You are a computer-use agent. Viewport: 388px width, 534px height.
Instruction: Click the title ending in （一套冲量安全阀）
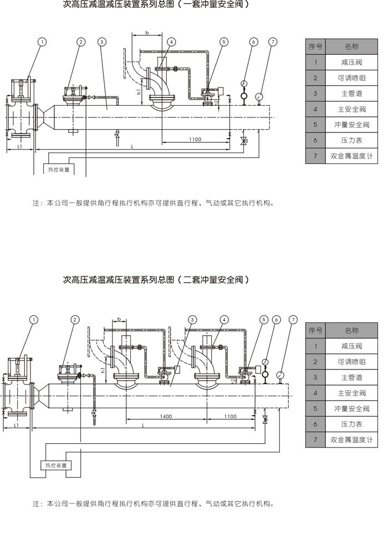[x=155, y=4]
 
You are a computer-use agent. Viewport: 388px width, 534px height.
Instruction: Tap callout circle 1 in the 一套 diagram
[x=42, y=42]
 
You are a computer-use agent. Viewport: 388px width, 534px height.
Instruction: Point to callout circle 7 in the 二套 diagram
[x=293, y=320]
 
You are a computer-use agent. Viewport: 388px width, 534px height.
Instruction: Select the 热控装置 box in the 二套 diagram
[x=56, y=465]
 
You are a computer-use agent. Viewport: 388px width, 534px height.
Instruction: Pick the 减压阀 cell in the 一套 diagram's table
[x=352, y=63]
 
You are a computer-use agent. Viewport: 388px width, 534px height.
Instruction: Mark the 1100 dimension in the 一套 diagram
[x=194, y=140]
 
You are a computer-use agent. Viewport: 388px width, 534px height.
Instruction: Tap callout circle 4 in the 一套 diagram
[x=171, y=42]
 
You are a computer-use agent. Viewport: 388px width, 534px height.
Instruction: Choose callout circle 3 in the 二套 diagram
[x=192, y=320]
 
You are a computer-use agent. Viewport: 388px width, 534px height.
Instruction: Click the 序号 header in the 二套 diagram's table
[x=315, y=331]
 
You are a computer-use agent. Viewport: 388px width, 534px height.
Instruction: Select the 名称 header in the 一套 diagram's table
[x=352, y=47]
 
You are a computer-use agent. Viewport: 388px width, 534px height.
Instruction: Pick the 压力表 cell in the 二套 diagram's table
[x=352, y=424]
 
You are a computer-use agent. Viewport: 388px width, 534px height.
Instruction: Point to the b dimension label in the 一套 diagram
[x=147, y=34]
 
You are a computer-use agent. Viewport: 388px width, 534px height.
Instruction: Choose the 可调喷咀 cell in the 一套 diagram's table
[x=352, y=78]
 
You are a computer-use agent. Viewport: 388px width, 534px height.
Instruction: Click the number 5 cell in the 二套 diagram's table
[x=315, y=408]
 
